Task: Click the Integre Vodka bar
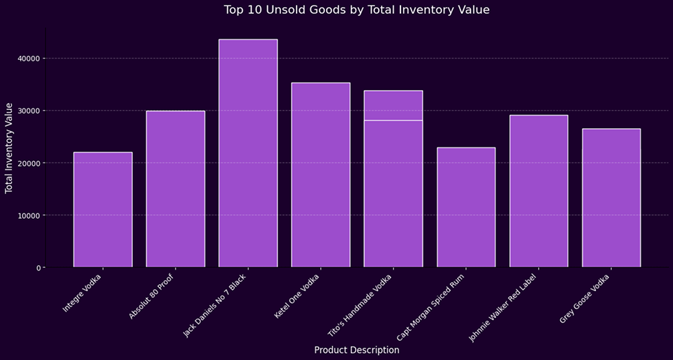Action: coord(103,210)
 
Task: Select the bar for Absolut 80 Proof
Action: coord(175,189)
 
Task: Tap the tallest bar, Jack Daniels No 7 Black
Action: coord(248,153)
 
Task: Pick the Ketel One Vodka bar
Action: coord(321,175)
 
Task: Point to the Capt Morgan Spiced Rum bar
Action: coord(466,207)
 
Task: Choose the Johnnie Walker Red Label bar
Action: coord(539,191)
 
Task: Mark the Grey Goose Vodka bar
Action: coord(611,198)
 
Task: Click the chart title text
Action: coord(356,10)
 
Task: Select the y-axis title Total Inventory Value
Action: coord(10,148)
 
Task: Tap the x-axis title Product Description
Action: coord(356,350)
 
